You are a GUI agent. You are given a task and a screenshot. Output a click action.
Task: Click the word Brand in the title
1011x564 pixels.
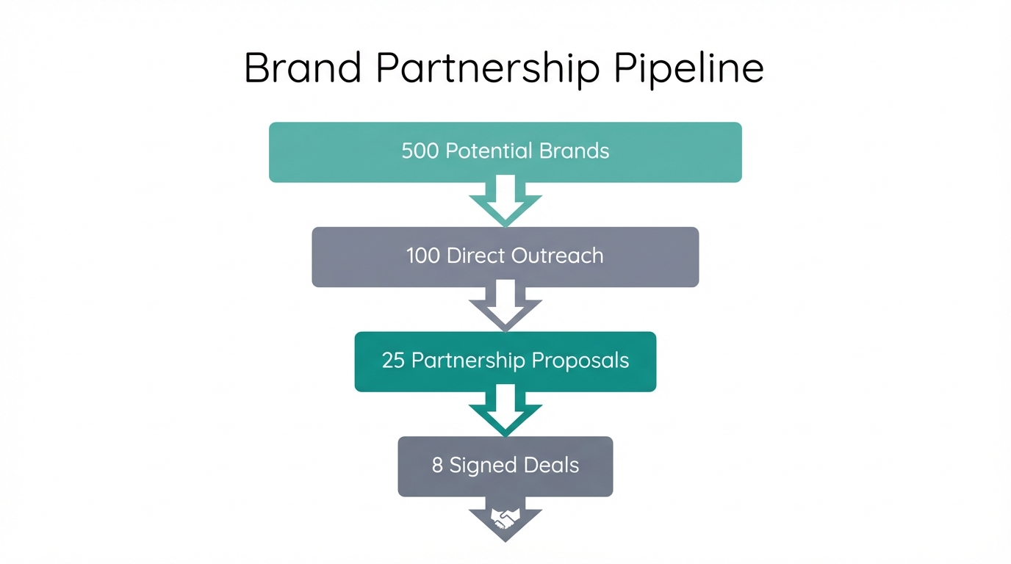point(302,68)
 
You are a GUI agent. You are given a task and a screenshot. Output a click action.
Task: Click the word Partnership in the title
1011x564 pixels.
point(486,68)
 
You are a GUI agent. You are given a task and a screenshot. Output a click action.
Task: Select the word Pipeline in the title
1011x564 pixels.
point(688,68)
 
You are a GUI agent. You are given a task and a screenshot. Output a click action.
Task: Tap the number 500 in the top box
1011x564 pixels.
point(420,151)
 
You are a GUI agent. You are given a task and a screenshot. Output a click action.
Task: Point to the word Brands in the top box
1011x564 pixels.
point(574,151)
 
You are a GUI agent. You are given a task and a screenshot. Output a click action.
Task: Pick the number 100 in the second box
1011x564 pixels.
point(422,256)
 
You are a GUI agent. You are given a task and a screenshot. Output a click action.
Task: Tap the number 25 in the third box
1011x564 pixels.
point(393,361)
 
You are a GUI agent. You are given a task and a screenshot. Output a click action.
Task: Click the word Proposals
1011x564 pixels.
point(580,361)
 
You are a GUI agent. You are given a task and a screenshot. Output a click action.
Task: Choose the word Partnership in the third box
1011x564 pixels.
point(469,361)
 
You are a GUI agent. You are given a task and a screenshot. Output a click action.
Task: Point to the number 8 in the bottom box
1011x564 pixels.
point(437,466)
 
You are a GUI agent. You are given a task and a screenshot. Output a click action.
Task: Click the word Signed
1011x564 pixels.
point(478,466)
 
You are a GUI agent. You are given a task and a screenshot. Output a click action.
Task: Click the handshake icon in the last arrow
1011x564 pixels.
point(505,518)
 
